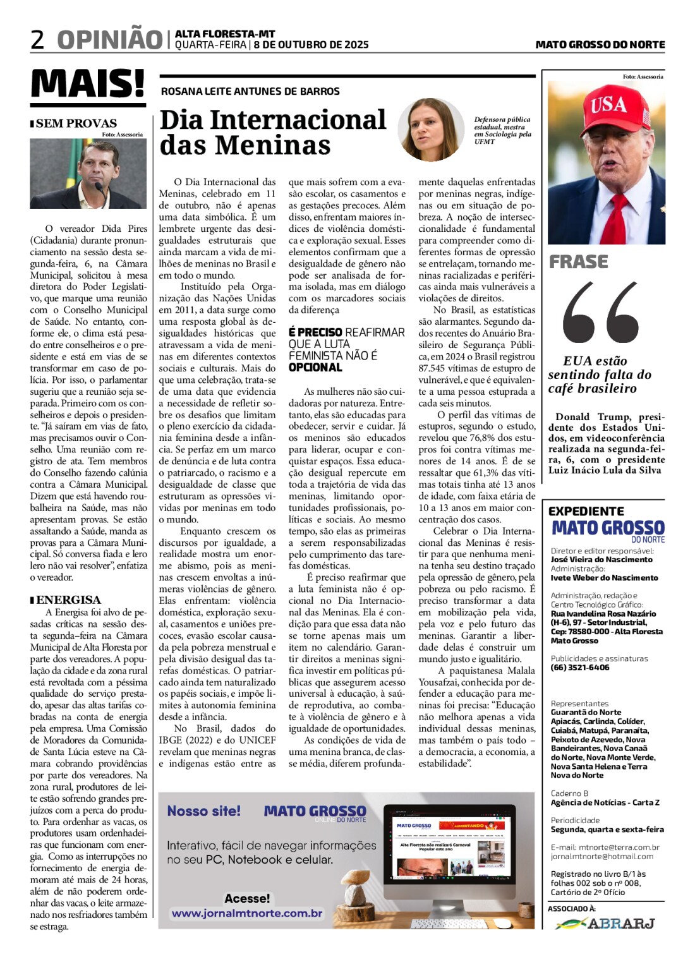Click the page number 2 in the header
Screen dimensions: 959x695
38,39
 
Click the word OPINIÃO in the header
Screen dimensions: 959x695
110,39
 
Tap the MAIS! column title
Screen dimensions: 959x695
88,84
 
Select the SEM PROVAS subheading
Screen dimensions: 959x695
76,123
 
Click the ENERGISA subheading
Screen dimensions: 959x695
68,600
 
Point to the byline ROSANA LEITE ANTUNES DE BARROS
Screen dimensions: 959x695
250,92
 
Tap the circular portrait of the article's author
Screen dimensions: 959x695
431,130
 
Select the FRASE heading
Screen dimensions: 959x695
578,262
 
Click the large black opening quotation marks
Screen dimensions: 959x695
600,312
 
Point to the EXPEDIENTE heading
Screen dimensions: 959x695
586,511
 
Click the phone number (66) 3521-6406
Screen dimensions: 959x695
580,667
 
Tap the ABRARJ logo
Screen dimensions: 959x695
605,923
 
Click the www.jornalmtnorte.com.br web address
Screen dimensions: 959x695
247,913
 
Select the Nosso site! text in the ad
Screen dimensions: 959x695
203,811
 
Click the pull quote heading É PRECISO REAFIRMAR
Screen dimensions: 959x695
346,332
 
